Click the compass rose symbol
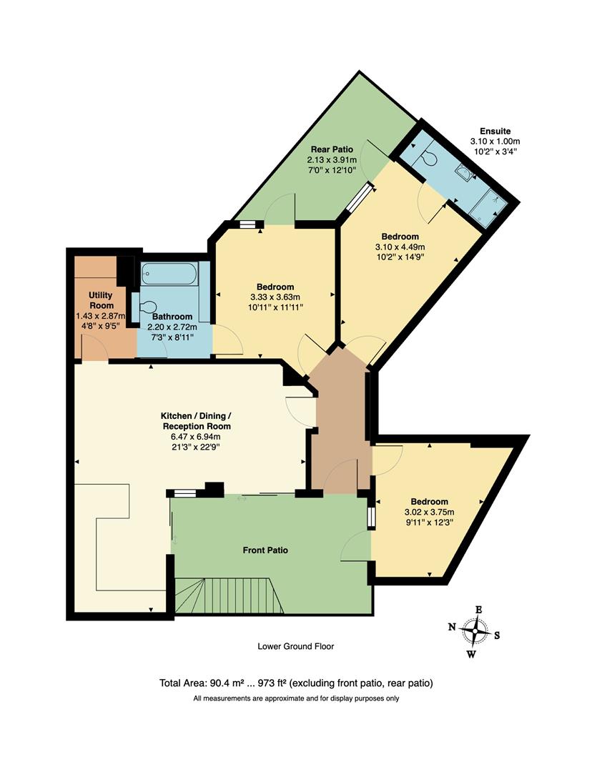click(x=475, y=631)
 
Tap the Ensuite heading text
click(x=495, y=131)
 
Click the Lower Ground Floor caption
click(x=295, y=646)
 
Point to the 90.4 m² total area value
click(x=226, y=683)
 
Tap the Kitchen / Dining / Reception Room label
click(x=194, y=421)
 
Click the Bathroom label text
click(x=172, y=317)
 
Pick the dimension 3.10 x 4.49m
click(x=400, y=247)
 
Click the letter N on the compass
click(x=452, y=627)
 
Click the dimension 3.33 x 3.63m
click(x=275, y=297)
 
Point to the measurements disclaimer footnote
click(x=295, y=698)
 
